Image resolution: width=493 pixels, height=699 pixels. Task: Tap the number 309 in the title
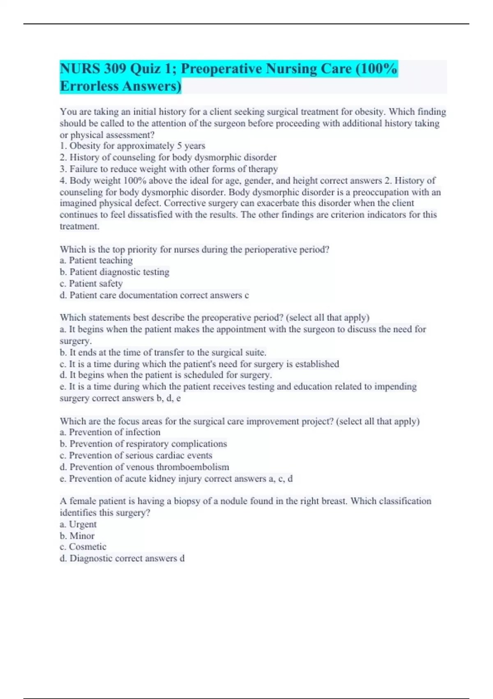pos(115,69)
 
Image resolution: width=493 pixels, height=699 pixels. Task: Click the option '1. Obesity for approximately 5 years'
pos(132,146)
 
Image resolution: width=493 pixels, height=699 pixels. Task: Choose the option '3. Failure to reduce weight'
pos(168,169)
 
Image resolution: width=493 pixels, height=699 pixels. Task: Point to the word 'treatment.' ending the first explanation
pos(79,227)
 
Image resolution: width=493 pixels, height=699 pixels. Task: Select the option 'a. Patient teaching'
pos(96,261)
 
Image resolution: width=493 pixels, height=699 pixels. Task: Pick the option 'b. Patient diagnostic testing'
pos(114,272)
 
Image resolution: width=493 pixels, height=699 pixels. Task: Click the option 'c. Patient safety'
pos(91,284)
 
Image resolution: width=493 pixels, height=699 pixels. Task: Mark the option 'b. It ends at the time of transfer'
pos(163,353)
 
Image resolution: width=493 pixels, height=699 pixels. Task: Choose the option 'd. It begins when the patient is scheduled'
pos(166,375)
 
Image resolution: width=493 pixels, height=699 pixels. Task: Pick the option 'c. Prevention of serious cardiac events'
pos(136,456)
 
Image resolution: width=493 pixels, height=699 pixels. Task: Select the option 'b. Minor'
pos(77,536)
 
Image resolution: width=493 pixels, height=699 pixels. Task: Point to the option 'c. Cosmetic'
pos(83,547)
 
